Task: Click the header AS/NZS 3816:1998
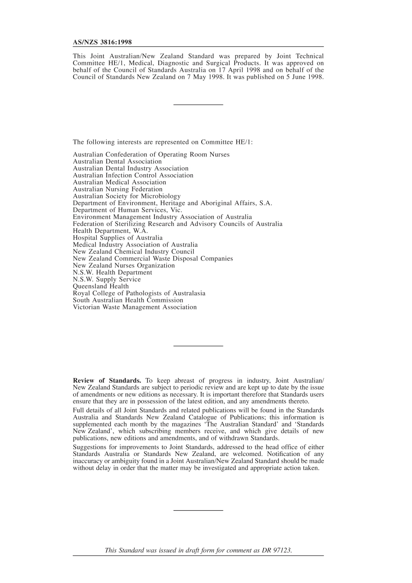pos(102,42)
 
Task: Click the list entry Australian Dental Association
pos(117,161)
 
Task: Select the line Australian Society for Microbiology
pos(127,196)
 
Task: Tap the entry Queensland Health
pos(101,286)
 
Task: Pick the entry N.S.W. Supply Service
pos(107,279)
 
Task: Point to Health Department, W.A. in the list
pos(110,231)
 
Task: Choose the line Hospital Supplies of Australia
pos(118,238)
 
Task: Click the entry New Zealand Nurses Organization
pos(124,265)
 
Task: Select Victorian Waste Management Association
pos(134,307)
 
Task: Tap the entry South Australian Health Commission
pos(128,300)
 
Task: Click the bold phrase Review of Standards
pos(107,381)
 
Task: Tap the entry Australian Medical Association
pos(119,182)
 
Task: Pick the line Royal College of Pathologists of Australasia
pos(139,293)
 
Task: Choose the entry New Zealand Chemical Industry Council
pos(133,251)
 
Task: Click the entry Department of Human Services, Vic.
pos(128,210)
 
